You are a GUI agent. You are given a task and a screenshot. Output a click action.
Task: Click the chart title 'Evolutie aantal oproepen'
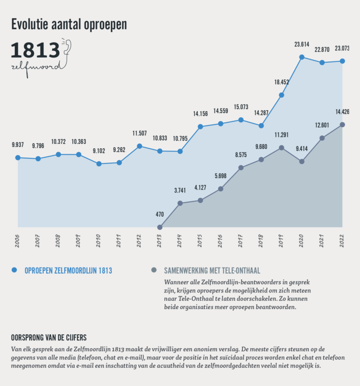(69, 25)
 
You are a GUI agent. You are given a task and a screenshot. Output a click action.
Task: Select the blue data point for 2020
(301, 57)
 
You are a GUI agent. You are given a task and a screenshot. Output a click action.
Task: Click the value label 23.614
(301, 45)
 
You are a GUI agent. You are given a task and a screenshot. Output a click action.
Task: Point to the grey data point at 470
(160, 227)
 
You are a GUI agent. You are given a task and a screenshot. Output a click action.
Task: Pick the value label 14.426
(342, 112)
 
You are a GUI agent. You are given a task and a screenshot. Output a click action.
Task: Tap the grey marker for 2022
(342, 125)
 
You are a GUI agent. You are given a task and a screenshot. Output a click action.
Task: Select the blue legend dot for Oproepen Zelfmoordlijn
(14, 270)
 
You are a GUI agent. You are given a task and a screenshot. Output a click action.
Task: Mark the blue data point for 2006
(18, 157)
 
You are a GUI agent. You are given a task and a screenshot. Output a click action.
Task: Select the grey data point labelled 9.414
(301, 162)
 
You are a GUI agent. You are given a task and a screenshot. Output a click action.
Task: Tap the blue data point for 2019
(281, 95)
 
